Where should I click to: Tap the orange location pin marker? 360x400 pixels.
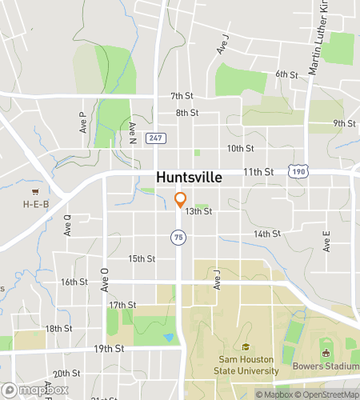coord(181,199)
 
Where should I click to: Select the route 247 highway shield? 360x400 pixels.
coord(157,138)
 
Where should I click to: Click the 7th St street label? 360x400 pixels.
coord(182,96)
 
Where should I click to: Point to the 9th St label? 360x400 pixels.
coord(344,123)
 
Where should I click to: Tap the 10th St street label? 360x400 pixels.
coord(240,149)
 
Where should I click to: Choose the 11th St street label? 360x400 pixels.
coord(258,171)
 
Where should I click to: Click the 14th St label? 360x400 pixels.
coord(266,234)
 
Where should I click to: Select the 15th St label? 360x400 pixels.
coord(141,258)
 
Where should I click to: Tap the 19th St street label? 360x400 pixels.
coord(108,349)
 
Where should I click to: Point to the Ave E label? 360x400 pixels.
coord(326,242)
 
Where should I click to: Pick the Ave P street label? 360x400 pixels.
coord(82,122)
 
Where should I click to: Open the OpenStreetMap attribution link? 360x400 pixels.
coord(326,394)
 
